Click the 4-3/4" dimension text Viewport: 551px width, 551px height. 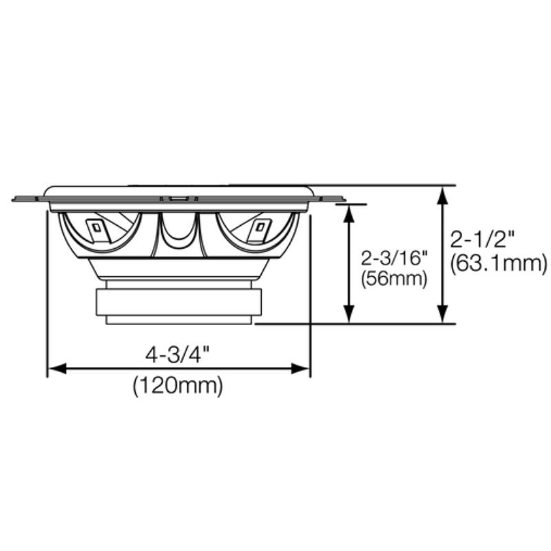(177, 356)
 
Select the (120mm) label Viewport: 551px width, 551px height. (178, 386)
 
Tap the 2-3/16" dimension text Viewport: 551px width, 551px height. (395, 259)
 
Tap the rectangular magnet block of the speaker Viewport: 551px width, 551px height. (178, 302)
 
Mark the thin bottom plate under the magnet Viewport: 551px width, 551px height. (178, 320)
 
